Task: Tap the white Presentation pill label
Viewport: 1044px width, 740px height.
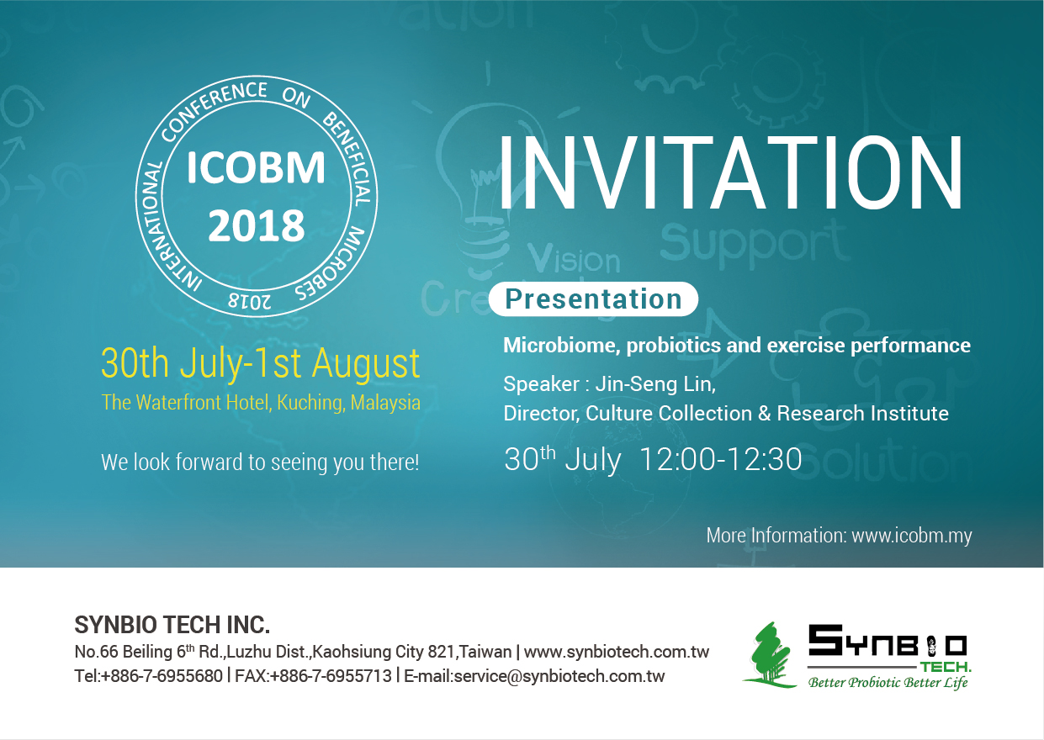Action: pyautogui.click(x=593, y=299)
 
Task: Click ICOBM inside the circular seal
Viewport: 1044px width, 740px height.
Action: pyautogui.click(x=256, y=167)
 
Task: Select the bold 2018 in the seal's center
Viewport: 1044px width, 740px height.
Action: pyautogui.click(x=256, y=225)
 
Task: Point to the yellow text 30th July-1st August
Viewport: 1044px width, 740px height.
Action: pyautogui.click(x=261, y=364)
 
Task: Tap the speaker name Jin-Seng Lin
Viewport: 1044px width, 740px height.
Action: pyautogui.click(x=655, y=384)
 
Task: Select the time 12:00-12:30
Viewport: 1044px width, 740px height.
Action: pyautogui.click(x=721, y=459)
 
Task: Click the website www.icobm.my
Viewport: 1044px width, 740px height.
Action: pyautogui.click(x=912, y=536)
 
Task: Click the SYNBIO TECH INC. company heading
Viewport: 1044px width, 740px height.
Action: pyautogui.click(x=172, y=625)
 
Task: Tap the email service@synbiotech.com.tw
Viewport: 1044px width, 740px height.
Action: pyautogui.click(x=559, y=676)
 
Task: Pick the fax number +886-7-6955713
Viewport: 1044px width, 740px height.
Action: pyautogui.click(x=331, y=676)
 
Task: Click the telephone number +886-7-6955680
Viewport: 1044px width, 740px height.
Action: pyautogui.click(x=162, y=676)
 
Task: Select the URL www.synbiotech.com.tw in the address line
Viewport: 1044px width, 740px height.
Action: pyautogui.click(x=617, y=652)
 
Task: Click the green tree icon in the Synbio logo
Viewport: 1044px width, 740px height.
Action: pyautogui.click(x=769, y=655)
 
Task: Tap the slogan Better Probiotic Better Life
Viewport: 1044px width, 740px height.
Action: pyautogui.click(x=888, y=683)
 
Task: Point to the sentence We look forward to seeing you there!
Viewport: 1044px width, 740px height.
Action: pyautogui.click(x=260, y=462)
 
